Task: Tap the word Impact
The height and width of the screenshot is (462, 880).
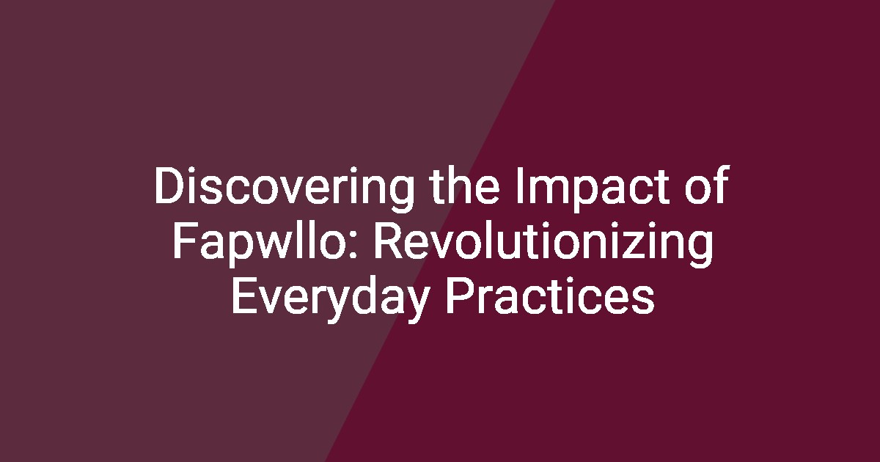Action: (593, 186)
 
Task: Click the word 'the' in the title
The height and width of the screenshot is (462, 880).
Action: (465, 185)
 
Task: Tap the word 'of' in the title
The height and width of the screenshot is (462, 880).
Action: (708, 185)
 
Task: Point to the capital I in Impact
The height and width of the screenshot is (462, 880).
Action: (518, 186)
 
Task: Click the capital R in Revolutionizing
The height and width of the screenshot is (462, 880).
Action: (387, 241)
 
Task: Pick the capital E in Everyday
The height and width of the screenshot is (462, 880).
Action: (244, 296)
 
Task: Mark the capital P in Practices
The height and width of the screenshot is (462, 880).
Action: (459, 296)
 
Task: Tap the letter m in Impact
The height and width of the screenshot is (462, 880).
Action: (548, 191)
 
